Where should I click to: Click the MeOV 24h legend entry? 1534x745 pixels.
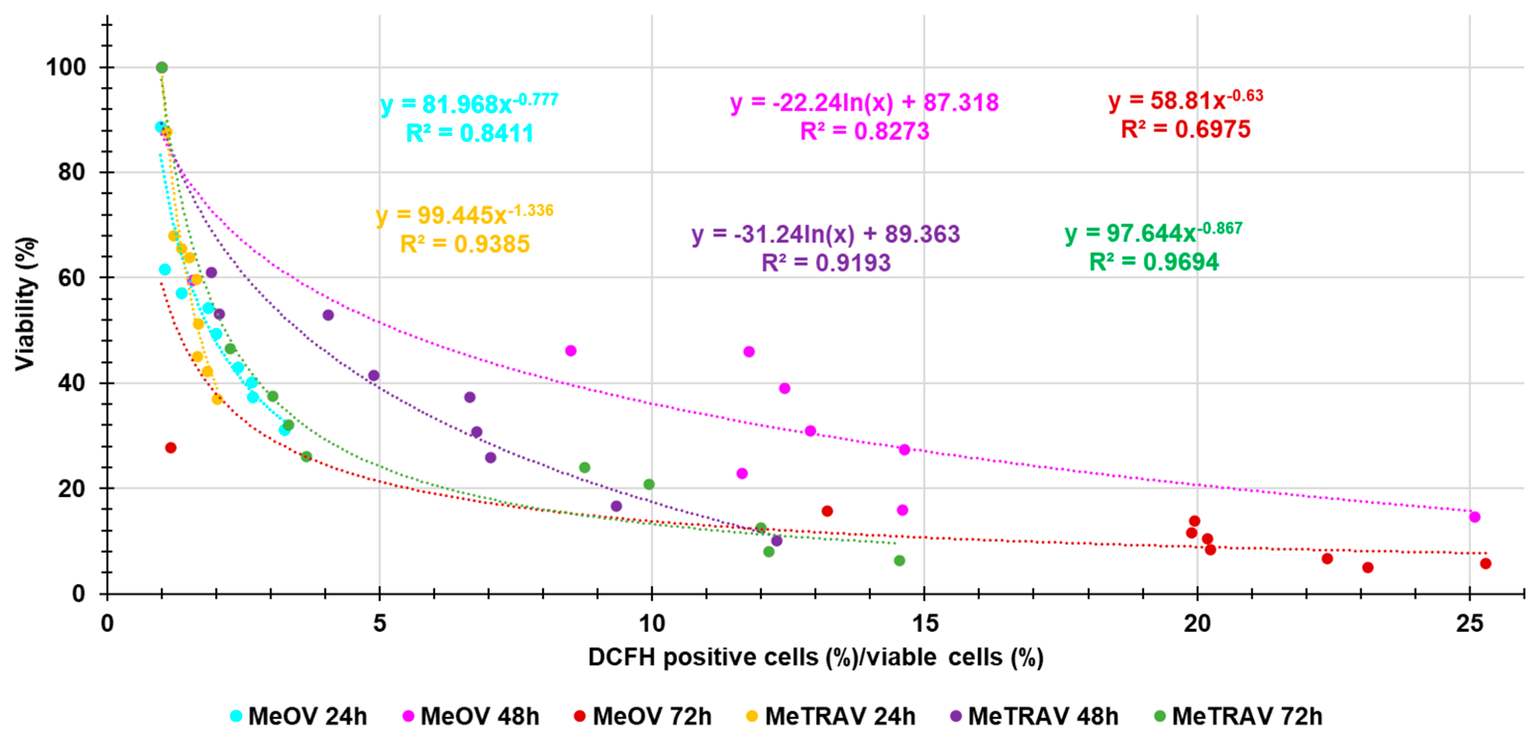click(299, 716)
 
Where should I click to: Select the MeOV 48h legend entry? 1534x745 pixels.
click(471, 716)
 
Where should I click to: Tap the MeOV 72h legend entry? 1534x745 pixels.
click(643, 716)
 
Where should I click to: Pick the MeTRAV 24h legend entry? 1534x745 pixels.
click(831, 716)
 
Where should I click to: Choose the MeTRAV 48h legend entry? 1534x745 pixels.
click(1034, 716)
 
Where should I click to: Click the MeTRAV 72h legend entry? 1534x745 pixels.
click(1239, 716)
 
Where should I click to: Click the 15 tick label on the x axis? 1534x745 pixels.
click(924, 624)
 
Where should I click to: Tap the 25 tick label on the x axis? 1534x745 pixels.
click(1469, 624)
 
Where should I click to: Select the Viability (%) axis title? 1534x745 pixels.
click(26, 304)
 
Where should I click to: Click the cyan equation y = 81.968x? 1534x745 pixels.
click(469, 104)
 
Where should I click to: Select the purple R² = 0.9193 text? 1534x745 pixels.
click(826, 263)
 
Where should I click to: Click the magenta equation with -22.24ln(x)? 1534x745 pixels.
click(864, 102)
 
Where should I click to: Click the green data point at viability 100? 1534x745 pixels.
click(161, 67)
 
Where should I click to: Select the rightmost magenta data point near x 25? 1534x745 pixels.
click(1474, 517)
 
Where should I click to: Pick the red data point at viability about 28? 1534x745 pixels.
click(171, 448)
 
